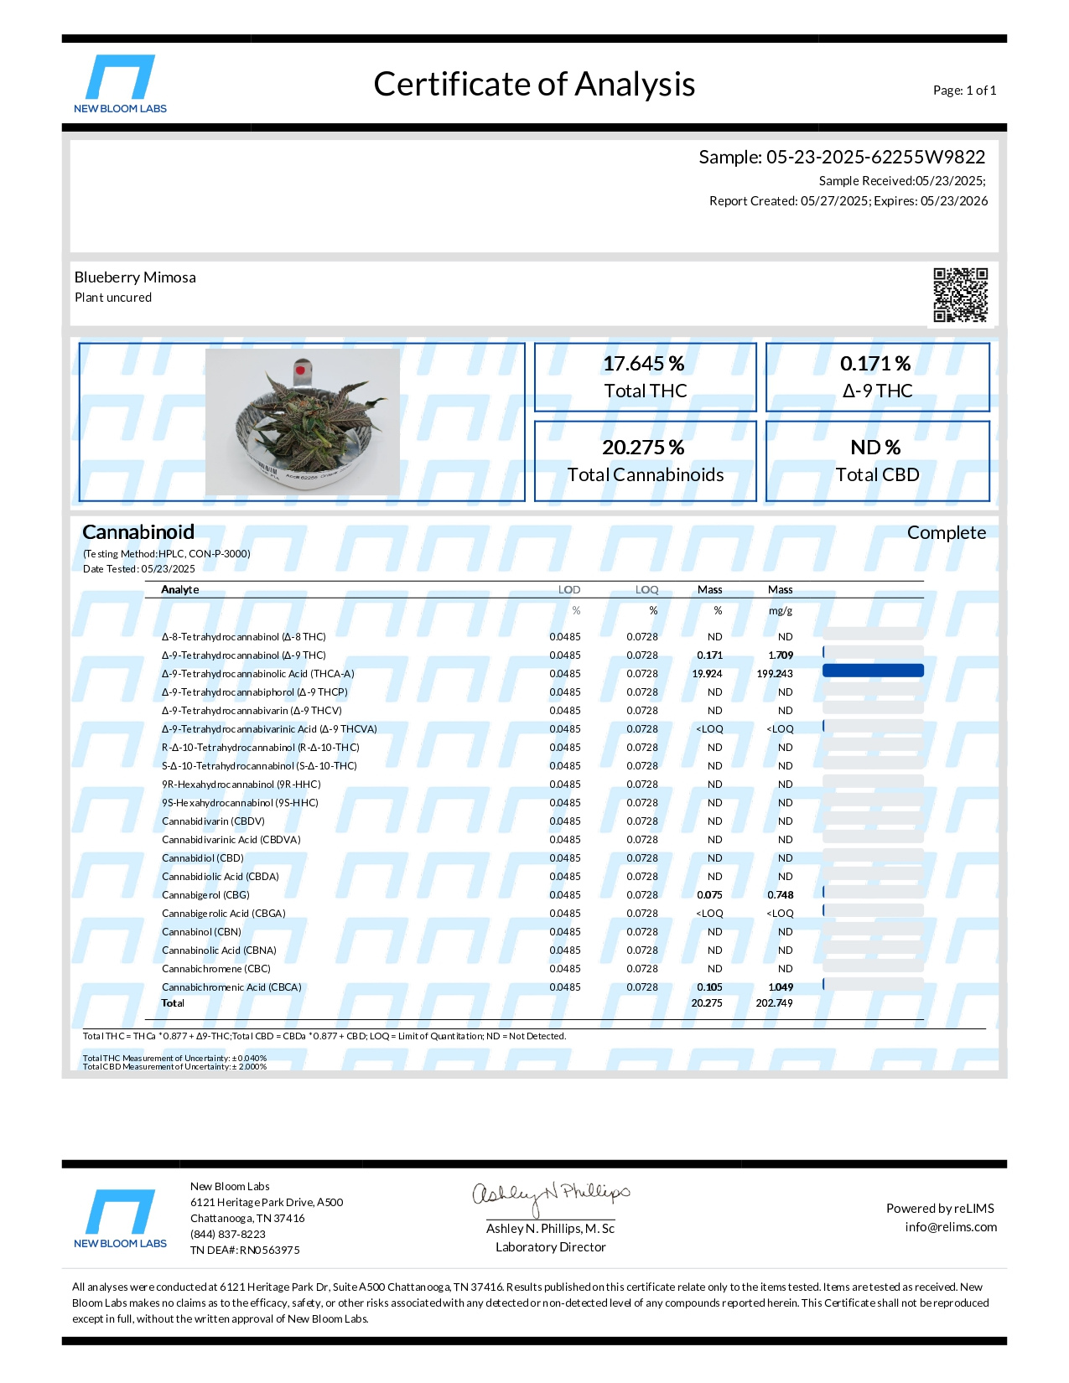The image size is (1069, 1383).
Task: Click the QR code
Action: point(960,294)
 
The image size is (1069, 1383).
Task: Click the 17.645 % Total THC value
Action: point(644,364)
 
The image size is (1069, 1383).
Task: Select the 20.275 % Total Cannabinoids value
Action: point(643,448)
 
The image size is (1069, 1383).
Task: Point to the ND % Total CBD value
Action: point(875,448)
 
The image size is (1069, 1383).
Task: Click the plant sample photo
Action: point(302,422)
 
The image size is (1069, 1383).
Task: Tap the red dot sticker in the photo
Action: point(300,370)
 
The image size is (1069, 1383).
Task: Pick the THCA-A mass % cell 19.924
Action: point(707,674)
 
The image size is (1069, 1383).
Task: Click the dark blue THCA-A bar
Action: point(873,671)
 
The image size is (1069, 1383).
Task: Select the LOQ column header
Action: point(646,590)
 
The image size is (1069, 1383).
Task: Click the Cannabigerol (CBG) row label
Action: point(205,895)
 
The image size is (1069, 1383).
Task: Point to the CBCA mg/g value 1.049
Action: point(781,987)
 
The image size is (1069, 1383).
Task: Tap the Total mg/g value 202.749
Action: point(774,1003)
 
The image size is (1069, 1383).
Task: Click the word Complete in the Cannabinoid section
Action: point(946,533)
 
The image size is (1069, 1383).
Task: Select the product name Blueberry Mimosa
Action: point(135,277)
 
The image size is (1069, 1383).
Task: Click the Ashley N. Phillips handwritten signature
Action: point(550,1195)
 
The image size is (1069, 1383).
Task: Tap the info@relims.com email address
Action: point(951,1227)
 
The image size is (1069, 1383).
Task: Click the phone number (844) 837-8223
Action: point(228,1235)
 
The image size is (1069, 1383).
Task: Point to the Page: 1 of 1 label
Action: point(964,91)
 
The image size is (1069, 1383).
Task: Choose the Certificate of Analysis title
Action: point(534,84)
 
